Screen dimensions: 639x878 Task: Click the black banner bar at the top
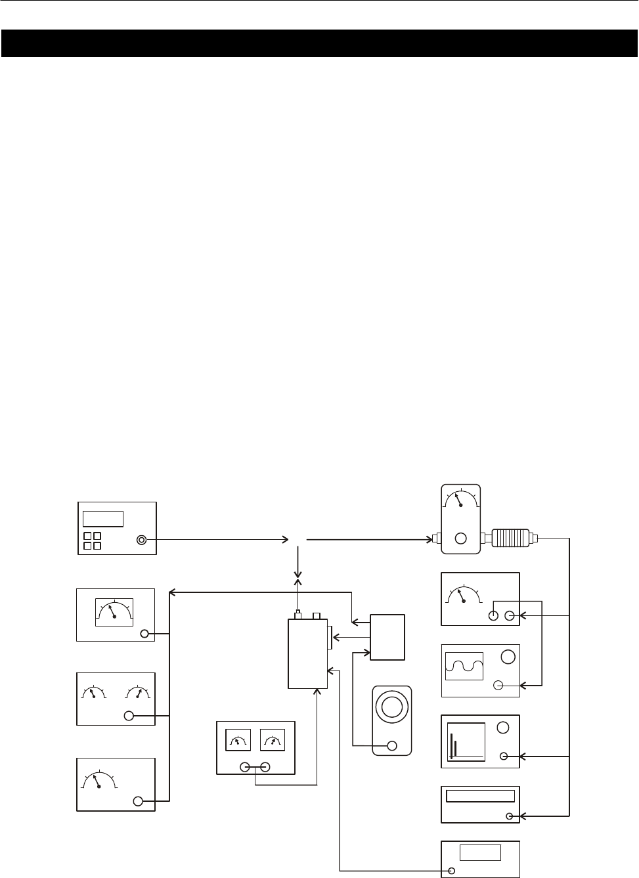319,43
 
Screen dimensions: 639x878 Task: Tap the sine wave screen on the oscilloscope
464,666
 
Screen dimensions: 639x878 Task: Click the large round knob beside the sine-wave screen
507,657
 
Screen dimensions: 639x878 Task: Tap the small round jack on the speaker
393,745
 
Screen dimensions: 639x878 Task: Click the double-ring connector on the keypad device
141,540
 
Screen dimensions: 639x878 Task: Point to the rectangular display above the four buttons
103,518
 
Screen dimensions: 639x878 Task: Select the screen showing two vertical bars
466,741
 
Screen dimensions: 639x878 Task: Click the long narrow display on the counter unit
480,796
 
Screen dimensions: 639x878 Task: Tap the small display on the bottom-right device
480,852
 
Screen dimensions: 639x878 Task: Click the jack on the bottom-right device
452,871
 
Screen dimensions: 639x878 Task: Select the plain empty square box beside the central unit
387,637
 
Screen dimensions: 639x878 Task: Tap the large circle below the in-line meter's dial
461,538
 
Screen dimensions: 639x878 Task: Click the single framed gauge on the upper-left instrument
114,612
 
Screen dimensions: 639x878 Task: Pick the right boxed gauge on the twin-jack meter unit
273,739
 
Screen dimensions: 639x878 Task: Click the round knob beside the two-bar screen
504,728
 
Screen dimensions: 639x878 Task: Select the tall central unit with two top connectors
307,653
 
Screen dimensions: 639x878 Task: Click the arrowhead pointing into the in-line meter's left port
428,540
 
